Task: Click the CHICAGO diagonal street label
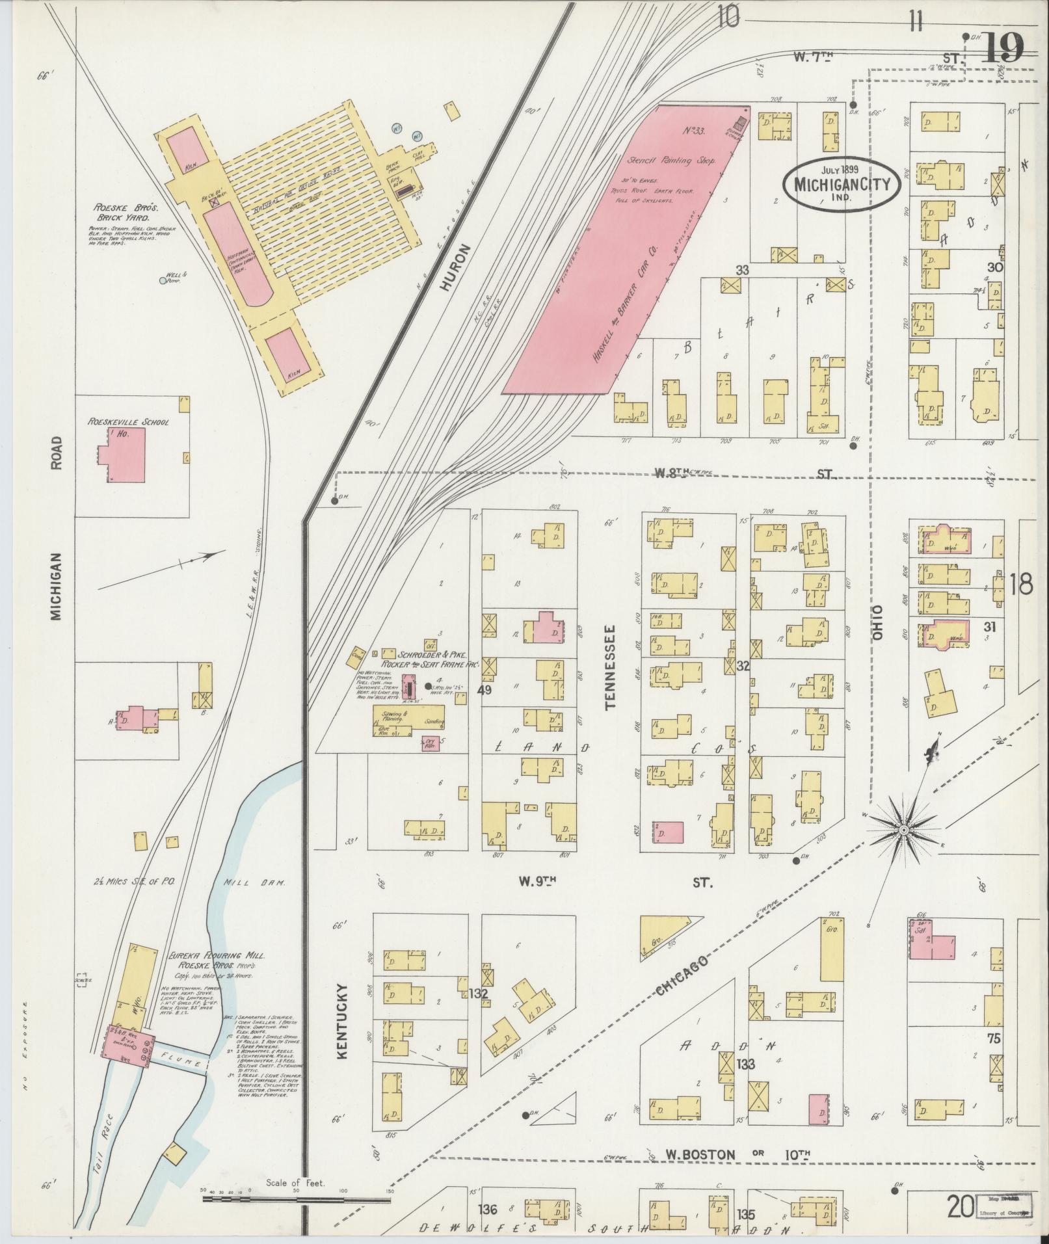680,977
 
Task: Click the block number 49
484,690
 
